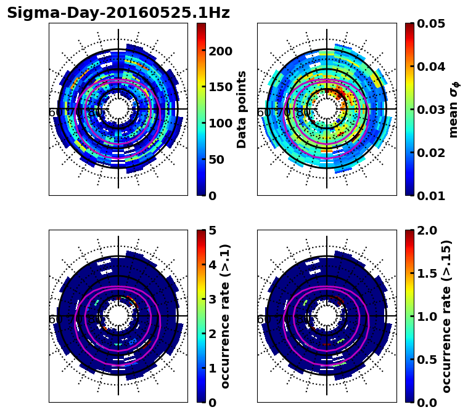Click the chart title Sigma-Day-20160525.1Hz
point(118,13)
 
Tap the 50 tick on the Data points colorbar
point(216,159)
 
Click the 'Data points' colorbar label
point(242,109)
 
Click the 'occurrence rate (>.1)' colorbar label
point(225,316)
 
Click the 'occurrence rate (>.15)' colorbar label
point(446,316)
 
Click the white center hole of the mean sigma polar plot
point(327,109)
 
